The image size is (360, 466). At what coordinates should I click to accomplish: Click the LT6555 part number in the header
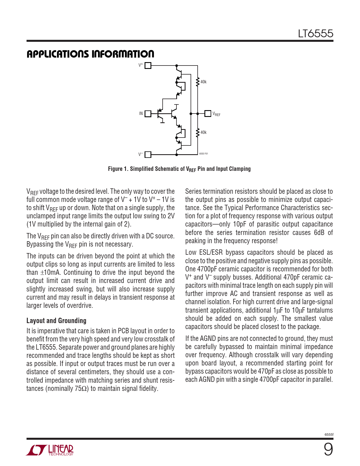pyautogui.click(x=315, y=34)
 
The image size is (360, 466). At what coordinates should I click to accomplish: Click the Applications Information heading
pyautogui.click(x=90, y=54)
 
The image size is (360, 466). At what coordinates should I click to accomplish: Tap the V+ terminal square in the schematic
pyautogui.click(x=148, y=66)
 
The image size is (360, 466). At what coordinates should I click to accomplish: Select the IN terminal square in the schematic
pyautogui.click(x=148, y=114)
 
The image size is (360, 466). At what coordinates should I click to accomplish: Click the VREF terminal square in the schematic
pyautogui.click(x=208, y=114)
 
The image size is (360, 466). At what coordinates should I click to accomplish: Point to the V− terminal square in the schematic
pyautogui.click(x=148, y=154)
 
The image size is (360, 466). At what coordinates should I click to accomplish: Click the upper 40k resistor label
pyautogui.click(x=203, y=82)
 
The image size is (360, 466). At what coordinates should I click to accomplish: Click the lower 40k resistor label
pyautogui.click(x=203, y=132)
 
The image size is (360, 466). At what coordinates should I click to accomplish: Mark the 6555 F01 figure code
pyautogui.click(x=203, y=154)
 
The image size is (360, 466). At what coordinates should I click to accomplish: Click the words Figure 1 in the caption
pyautogui.click(x=118, y=169)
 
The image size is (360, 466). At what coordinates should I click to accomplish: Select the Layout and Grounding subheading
pyautogui.click(x=56, y=321)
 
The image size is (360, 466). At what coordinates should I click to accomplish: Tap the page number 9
pyautogui.click(x=328, y=449)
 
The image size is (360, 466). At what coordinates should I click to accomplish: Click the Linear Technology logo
pyautogui.click(x=50, y=450)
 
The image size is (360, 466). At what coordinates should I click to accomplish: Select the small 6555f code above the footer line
pyautogui.click(x=329, y=434)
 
